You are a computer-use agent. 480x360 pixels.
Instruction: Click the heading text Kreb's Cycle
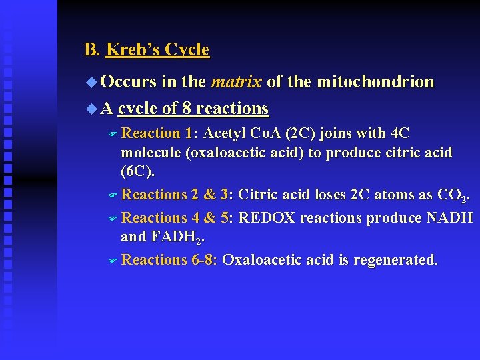[x=157, y=50]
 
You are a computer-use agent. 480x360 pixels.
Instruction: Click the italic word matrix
[x=236, y=82]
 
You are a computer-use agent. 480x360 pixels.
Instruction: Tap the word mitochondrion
[x=375, y=82]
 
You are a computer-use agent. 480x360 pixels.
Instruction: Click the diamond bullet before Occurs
[x=91, y=83]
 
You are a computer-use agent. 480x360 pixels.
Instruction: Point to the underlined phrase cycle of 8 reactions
[x=193, y=108]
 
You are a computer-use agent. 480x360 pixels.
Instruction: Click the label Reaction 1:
[x=160, y=133]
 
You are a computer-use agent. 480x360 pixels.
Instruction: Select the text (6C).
[x=137, y=171]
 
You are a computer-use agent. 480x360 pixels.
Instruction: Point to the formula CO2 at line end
[x=453, y=195]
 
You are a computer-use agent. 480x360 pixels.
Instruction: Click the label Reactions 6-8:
[x=170, y=259]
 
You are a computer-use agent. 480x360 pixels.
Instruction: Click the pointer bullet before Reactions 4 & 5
[x=112, y=219]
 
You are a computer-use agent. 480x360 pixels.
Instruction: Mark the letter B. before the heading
[x=91, y=50]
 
